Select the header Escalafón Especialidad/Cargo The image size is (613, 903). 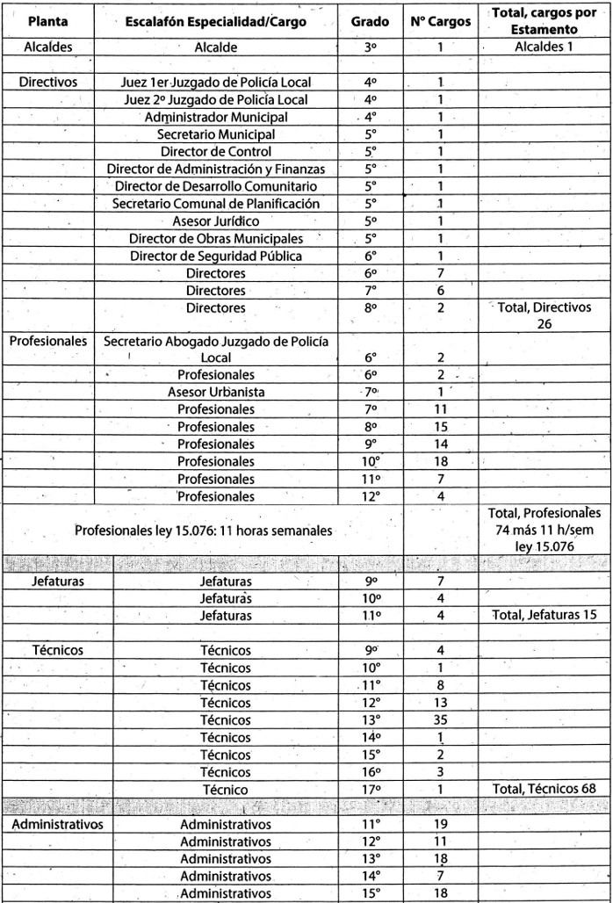click(x=216, y=21)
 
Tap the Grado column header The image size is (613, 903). click(x=370, y=21)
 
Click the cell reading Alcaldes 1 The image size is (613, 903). click(x=544, y=47)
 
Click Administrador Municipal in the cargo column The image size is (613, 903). click(x=216, y=117)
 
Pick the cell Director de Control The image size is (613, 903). click(x=216, y=151)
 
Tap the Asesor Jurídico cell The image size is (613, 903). click(x=216, y=220)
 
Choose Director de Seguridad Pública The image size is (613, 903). click(x=216, y=256)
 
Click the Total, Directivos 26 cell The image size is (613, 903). click(x=544, y=315)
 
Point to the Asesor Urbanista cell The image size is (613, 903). click(x=216, y=392)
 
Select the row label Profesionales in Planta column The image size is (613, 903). click(x=49, y=340)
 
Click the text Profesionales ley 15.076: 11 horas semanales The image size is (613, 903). click(x=204, y=531)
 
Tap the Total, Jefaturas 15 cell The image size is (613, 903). click(x=544, y=616)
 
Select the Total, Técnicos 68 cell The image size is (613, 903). click(x=544, y=789)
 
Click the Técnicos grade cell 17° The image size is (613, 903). click(x=370, y=789)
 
